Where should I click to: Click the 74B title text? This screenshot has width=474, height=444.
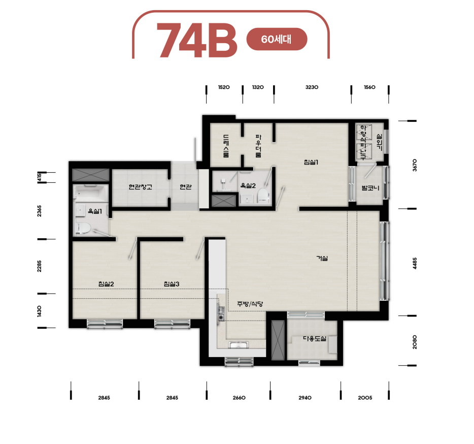(x=197, y=40)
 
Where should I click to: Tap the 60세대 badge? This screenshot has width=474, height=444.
(x=277, y=39)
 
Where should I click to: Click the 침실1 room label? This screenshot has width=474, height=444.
(x=311, y=162)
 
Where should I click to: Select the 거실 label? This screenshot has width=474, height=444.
(x=322, y=258)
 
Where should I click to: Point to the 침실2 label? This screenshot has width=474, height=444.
(x=106, y=284)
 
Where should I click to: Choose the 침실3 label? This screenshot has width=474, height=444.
(x=172, y=284)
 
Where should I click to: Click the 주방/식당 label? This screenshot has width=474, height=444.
(x=250, y=304)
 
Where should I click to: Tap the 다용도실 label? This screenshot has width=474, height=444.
(x=315, y=339)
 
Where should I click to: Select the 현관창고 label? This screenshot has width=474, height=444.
(x=140, y=187)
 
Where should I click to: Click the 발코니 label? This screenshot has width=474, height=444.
(x=370, y=188)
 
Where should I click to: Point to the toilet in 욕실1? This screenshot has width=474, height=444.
(x=83, y=228)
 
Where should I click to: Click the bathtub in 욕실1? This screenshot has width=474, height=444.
(x=90, y=193)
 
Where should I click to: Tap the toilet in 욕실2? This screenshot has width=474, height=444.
(x=263, y=196)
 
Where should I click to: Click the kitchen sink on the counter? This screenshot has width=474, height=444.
(x=239, y=345)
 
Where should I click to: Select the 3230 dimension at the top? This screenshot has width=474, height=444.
(x=312, y=87)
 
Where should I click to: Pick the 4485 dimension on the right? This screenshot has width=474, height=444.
(x=415, y=263)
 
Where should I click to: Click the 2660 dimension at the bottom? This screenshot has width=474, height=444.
(x=239, y=398)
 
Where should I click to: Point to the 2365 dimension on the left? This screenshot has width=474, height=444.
(x=39, y=211)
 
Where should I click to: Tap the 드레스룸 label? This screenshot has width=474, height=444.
(x=226, y=146)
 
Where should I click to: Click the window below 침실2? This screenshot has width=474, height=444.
(x=105, y=324)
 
